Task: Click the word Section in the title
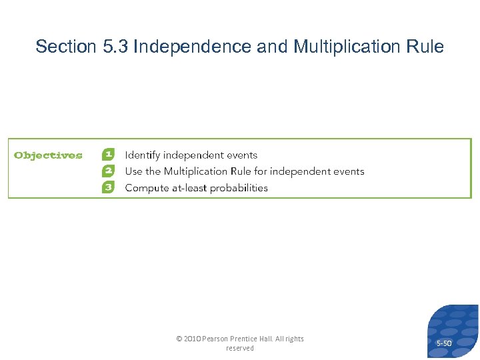[x=65, y=47]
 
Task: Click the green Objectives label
[x=48, y=156]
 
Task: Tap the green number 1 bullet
[x=108, y=155]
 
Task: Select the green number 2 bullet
[x=108, y=171]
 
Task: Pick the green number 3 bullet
[x=108, y=187]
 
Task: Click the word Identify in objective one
[x=143, y=155]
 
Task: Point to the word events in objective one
[x=241, y=155]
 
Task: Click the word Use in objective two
[x=133, y=171]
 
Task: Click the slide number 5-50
[x=444, y=343]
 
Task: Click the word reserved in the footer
[x=240, y=348]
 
